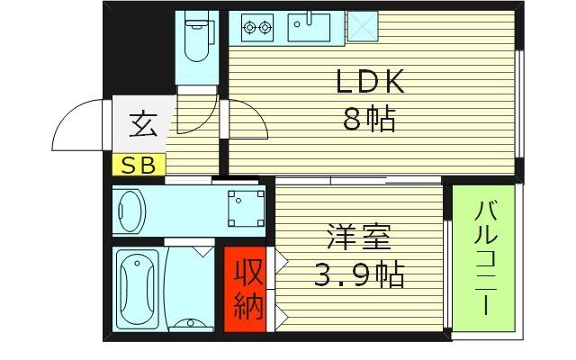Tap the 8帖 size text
[369, 118]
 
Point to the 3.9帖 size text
[359, 273]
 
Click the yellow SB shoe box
[139, 165]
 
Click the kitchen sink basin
[309, 27]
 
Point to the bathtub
[138, 286]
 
